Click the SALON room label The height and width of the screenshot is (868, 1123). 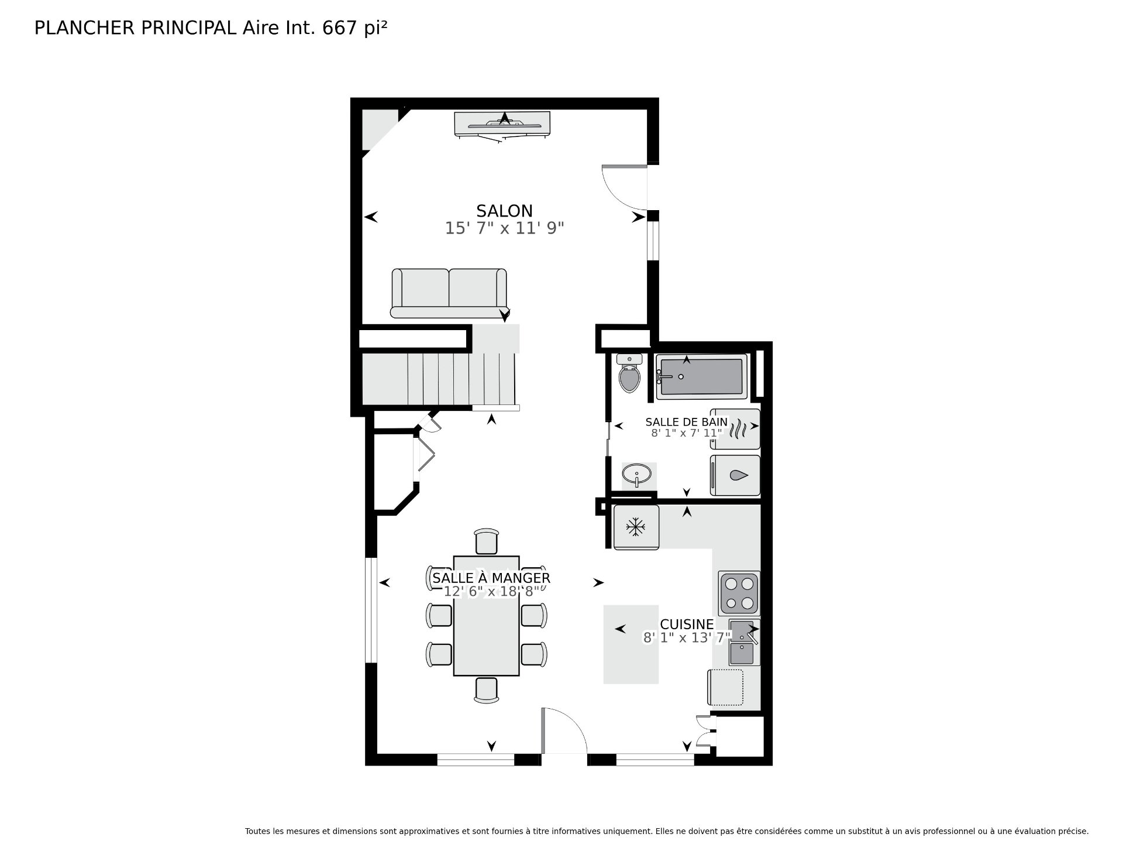[x=504, y=211]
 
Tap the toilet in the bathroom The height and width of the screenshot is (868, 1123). [x=629, y=373]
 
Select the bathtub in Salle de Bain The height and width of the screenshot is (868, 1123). [x=701, y=377]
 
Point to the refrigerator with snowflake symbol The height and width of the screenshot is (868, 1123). [x=636, y=527]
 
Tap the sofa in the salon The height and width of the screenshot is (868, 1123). [x=449, y=293]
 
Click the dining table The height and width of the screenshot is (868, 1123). [x=486, y=616]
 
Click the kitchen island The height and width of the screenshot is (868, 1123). [x=631, y=644]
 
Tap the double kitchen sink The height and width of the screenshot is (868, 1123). [x=744, y=642]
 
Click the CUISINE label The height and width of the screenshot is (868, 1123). [x=687, y=625]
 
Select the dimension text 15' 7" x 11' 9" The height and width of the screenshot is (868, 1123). [x=504, y=228]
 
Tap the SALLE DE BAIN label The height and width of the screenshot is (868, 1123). [x=687, y=421]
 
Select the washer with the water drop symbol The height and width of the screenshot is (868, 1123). [x=735, y=476]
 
